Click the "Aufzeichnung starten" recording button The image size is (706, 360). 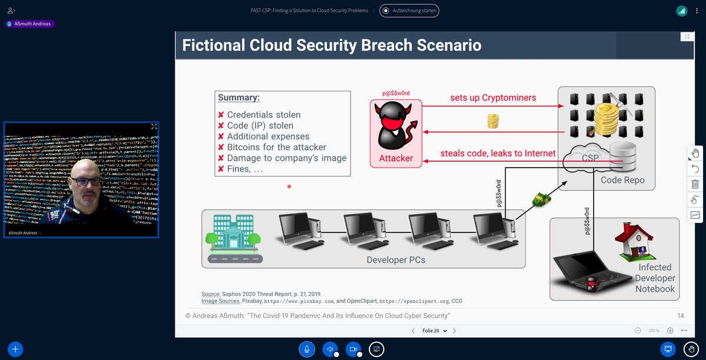[x=409, y=11]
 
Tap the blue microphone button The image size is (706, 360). [x=306, y=349]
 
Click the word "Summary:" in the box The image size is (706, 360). [x=239, y=98]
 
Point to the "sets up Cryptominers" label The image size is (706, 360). [x=493, y=98]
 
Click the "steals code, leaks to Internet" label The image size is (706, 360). [x=498, y=154]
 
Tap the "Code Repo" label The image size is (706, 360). [x=623, y=180]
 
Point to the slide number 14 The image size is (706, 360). [x=680, y=316]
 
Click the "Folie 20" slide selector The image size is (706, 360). [x=434, y=331]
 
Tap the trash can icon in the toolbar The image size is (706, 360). [x=695, y=184]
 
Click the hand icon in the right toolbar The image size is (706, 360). [x=695, y=154]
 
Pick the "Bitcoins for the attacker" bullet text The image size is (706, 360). [x=277, y=147]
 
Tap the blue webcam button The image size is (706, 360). [x=353, y=349]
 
